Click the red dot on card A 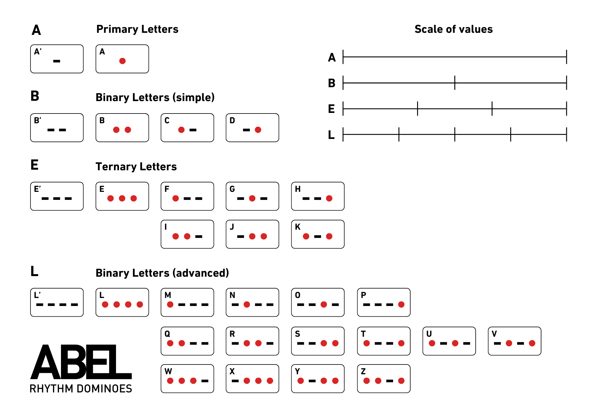click(x=122, y=61)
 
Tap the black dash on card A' click(x=57, y=61)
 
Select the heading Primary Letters click(x=137, y=29)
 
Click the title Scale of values click(x=453, y=29)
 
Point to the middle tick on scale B click(x=455, y=83)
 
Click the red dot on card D click(x=258, y=130)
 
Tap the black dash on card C click(x=193, y=130)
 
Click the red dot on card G click(x=252, y=198)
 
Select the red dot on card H click(x=329, y=198)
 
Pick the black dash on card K click(x=318, y=236)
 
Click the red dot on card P click(x=401, y=304)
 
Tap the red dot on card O click(x=324, y=304)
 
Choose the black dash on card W click(x=205, y=381)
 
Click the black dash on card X click(x=235, y=381)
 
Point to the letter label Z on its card click(x=363, y=371)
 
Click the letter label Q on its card click(x=167, y=334)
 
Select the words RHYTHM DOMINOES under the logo click(x=81, y=389)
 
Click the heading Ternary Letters click(x=136, y=167)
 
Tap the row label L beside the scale click(x=331, y=135)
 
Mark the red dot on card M click(x=170, y=304)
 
